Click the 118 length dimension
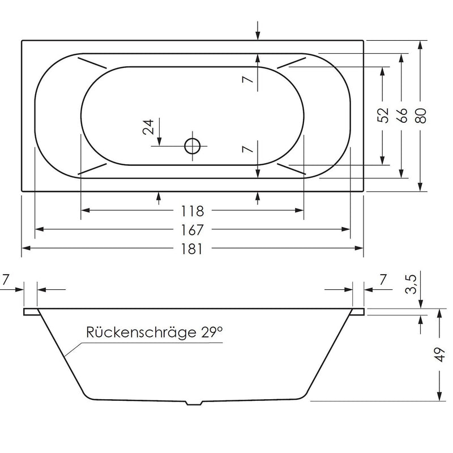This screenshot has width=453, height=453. tap(192, 211)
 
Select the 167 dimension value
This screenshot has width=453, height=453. tap(192, 230)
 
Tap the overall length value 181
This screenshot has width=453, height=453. tap(192, 249)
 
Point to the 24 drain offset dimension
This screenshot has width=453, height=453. tap(149, 126)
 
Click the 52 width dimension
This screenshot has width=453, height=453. tap(383, 115)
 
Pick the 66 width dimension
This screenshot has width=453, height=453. tap(401, 115)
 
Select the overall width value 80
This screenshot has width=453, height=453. tap(420, 115)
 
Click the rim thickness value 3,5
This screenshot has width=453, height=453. tap(412, 284)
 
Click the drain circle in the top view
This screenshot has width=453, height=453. tap(193, 147)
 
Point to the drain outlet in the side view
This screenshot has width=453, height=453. tap(194, 403)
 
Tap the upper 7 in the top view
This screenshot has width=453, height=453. tap(246, 80)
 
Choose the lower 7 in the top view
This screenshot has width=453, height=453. tap(246, 149)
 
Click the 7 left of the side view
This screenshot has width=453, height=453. tap(6, 279)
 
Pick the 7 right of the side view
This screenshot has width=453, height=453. tap(383, 279)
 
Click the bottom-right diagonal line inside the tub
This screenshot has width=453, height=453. tap(292, 168)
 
